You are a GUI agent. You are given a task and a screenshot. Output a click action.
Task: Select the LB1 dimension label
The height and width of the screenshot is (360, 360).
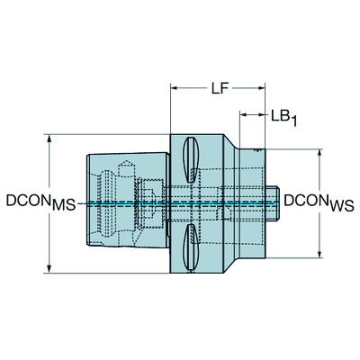(x=279, y=115)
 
